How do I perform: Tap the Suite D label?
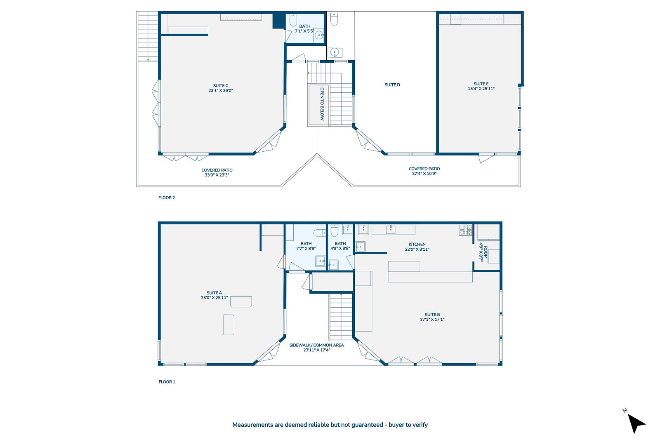click(392, 85)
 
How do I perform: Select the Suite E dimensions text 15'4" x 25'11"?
click(481, 89)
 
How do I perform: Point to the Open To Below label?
click(322, 104)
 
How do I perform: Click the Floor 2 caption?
click(167, 198)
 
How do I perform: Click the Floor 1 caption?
click(167, 382)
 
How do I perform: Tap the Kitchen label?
click(417, 245)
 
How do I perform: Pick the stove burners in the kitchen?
click(466, 230)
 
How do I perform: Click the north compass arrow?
click(636, 423)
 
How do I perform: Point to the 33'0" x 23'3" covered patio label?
click(217, 173)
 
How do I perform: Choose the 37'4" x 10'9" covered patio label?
click(424, 172)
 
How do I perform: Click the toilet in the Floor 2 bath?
click(293, 20)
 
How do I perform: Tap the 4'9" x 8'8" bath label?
click(340, 246)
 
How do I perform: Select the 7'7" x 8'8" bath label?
click(306, 246)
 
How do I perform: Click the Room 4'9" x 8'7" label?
click(483, 252)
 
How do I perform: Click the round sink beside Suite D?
click(335, 53)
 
